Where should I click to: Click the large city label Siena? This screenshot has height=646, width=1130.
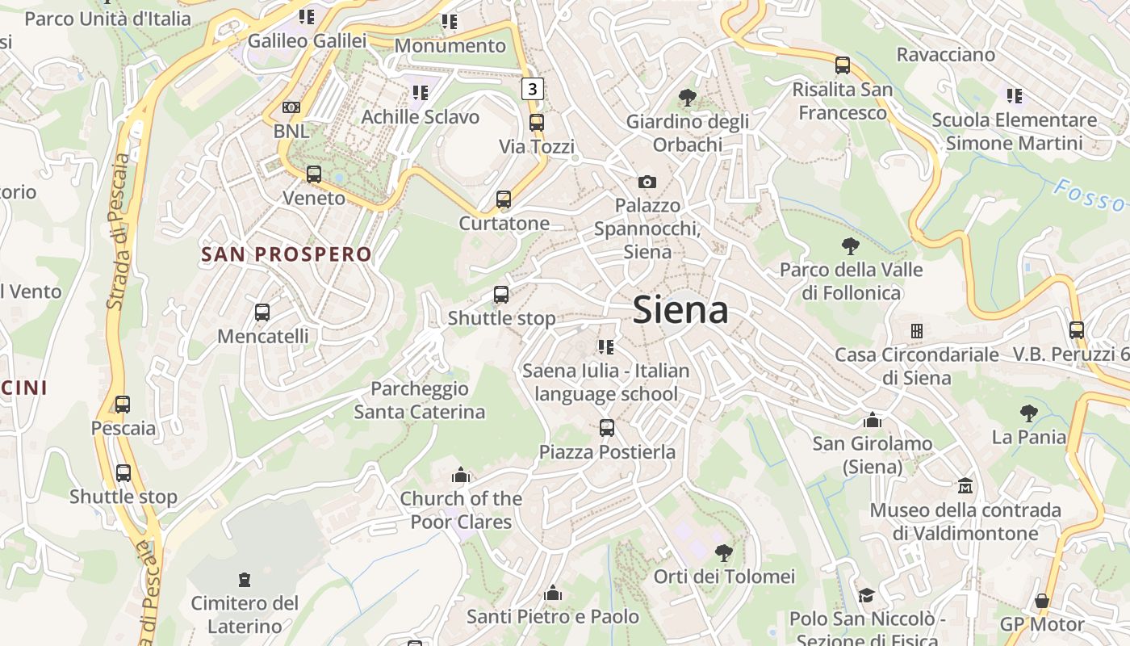[x=680, y=310]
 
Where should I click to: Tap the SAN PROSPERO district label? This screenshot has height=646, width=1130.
[x=287, y=254]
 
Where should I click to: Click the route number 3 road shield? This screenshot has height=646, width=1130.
[x=532, y=88]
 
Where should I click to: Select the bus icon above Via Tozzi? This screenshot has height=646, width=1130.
[x=537, y=123]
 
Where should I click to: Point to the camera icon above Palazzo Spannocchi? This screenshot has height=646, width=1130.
[x=647, y=182]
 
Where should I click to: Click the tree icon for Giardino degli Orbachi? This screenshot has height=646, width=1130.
[x=688, y=98]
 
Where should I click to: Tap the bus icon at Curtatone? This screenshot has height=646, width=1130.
[x=504, y=199]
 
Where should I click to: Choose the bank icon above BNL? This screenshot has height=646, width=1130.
[x=291, y=107]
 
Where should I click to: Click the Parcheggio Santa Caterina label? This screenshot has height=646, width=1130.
[x=420, y=401]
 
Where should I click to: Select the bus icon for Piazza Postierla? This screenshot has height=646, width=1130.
[x=607, y=428]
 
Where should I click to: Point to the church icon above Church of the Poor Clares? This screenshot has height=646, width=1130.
[x=461, y=475]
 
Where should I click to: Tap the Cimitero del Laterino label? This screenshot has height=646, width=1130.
[x=245, y=615]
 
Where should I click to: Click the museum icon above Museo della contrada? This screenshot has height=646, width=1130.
[x=965, y=486]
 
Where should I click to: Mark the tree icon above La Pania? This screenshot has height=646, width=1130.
[x=1029, y=413]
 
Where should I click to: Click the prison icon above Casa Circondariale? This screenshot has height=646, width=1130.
[x=917, y=330]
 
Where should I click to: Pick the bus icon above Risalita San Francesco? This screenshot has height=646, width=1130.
[x=843, y=65]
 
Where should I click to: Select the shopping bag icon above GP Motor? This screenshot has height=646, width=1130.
[x=1042, y=601]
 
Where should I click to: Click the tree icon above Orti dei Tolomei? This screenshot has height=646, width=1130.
[x=724, y=552]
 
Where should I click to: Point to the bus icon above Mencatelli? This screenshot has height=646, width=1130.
[x=262, y=312]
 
